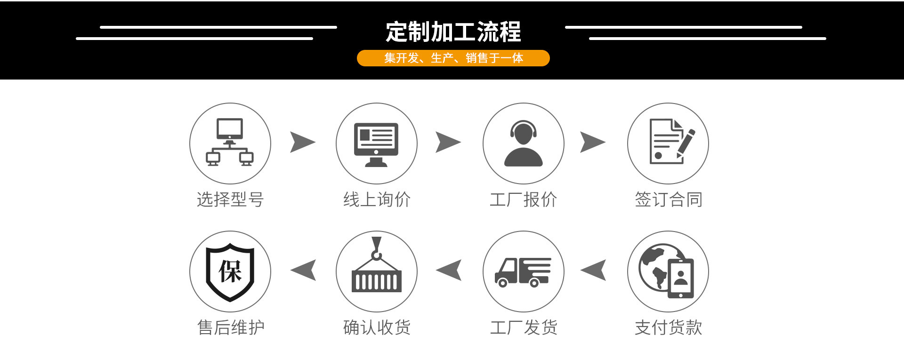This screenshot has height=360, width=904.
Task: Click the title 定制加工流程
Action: coord(453,32)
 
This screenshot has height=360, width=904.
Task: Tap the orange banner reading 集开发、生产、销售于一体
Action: coord(453,58)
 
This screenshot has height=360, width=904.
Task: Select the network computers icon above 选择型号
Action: coord(230,143)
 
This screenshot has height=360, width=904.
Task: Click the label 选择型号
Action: coord(230,200)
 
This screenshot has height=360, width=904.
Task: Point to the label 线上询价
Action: coord(377,200)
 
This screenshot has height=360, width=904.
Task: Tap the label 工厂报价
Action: coord(523,200)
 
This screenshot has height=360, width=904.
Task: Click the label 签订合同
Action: coord(668,200)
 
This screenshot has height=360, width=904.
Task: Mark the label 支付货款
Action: coord(668,328)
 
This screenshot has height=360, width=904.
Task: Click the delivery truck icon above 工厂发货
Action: coord(523,272)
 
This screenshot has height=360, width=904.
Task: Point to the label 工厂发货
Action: coord(524,328)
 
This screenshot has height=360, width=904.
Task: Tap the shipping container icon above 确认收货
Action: coord(376,268)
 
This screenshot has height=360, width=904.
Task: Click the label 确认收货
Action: coord(377,328)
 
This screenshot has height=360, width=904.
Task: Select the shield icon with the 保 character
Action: coord(230,272)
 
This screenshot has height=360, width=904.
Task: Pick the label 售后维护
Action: coord(230,328)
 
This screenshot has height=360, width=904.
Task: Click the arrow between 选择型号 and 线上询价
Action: coord(302,142)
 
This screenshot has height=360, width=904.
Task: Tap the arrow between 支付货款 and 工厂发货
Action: coord(594,270)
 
